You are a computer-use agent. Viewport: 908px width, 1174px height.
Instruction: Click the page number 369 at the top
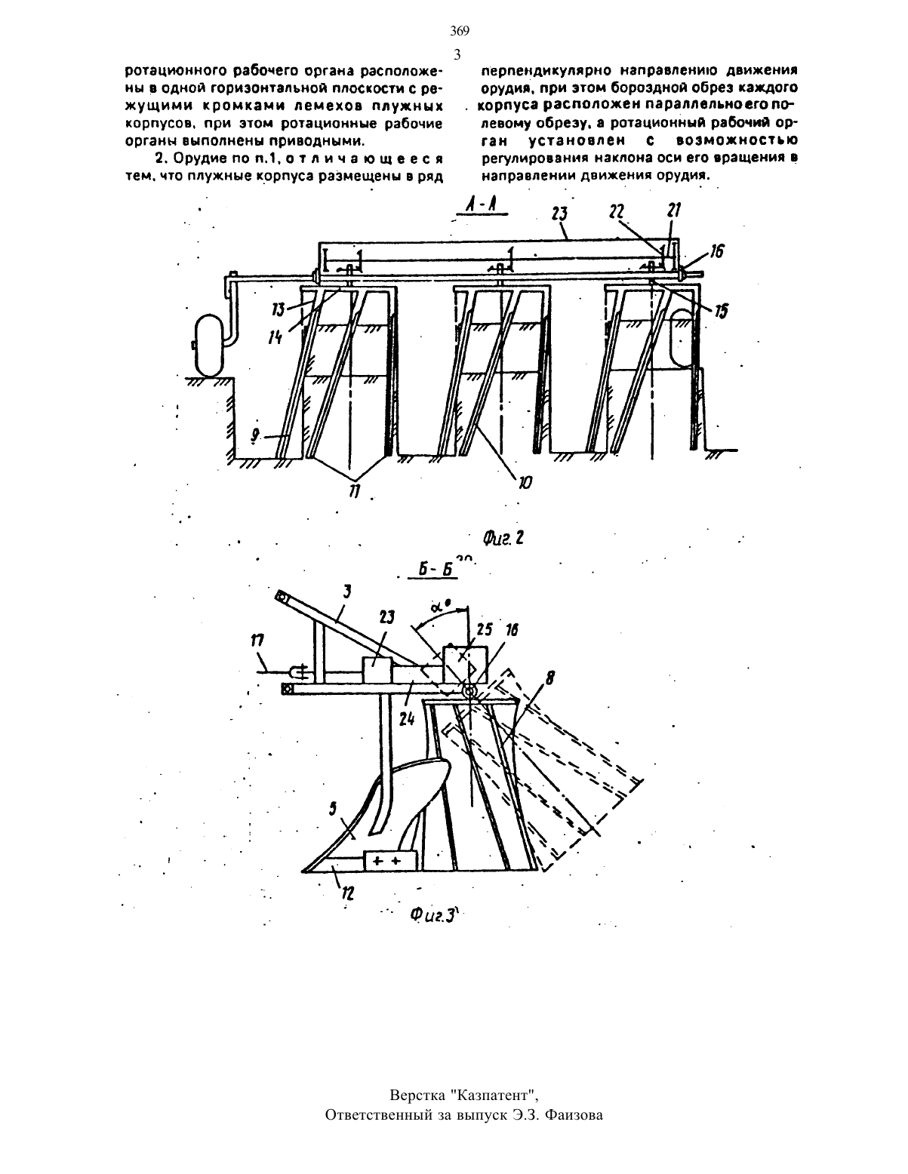coord(460,32)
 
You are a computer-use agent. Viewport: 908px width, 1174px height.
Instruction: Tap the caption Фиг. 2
coord(503,537)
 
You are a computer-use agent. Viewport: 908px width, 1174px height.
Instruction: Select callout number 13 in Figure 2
coord(279,309)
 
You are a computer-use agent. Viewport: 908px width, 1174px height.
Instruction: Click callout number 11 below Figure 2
coord(355,492)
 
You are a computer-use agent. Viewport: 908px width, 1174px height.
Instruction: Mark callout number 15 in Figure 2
coord(722,312)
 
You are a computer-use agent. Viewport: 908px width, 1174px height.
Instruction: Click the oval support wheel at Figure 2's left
coord(211,346)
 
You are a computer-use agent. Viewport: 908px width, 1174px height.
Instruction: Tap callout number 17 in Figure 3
coord(257,641)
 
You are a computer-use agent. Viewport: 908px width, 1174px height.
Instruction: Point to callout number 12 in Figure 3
coord(347,893)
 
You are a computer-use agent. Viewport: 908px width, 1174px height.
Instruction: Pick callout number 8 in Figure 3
coord(549,679)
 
